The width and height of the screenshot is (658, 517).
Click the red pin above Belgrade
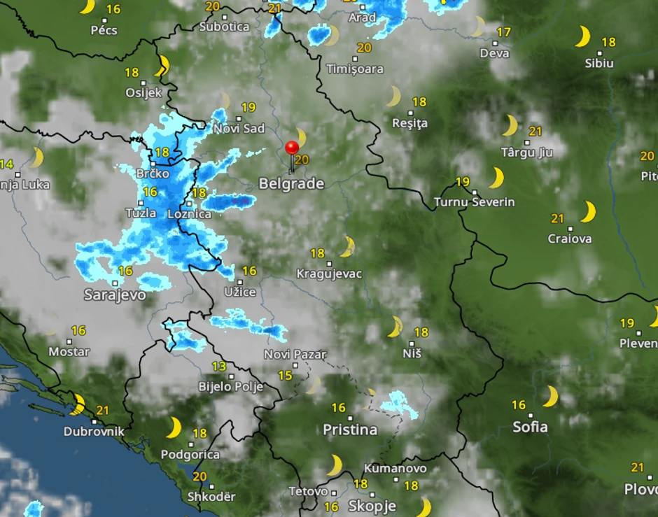(x=292, y=148)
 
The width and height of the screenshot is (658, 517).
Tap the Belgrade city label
(x=291, y=184)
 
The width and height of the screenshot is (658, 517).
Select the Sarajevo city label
(x=115, y=295)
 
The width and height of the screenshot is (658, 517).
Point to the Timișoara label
(x=355, y=69)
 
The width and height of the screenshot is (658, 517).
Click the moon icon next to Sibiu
(x=582, y=36)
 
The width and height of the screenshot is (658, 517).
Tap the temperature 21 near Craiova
(x=557, y=218)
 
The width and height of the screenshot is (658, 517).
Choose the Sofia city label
(x=530, y=426)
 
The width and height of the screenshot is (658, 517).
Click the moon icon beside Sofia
(x=551, y=396)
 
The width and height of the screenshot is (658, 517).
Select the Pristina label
(x=350, y=430)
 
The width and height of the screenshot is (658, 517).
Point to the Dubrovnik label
(x=94, y=432)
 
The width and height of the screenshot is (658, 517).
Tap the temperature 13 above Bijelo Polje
(x=218, y=367)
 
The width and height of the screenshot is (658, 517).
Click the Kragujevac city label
(x=329, y=274)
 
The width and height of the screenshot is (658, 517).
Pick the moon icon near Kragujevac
(x=346, y=246)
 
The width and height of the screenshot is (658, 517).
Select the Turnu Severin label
(x=474, y=202)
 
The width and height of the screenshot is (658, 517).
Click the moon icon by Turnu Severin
(x=496, y=178)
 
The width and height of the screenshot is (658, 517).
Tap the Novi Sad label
(x=239, y=128)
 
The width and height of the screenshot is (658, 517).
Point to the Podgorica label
(x=190, y=455)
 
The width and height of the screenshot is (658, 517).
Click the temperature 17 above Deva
(x=503, y=32)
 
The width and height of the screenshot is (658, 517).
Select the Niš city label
(x=412, y=353)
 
